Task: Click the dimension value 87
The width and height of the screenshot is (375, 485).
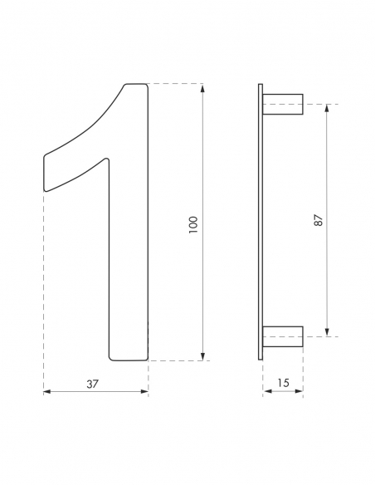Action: [x=318, y=220]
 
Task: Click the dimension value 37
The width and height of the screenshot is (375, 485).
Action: [x=93, y=383]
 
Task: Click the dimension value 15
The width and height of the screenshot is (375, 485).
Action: [x=283, y=383]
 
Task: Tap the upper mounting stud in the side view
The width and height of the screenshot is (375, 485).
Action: [x=283, y=105]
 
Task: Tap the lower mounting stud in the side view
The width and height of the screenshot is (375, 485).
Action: [x=283, y=336]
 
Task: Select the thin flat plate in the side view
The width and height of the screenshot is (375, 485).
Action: [x=261, y=221]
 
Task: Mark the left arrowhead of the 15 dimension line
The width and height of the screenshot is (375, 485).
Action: [x=266, y=392]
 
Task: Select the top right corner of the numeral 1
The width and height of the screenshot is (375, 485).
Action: [x=146, y=86]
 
